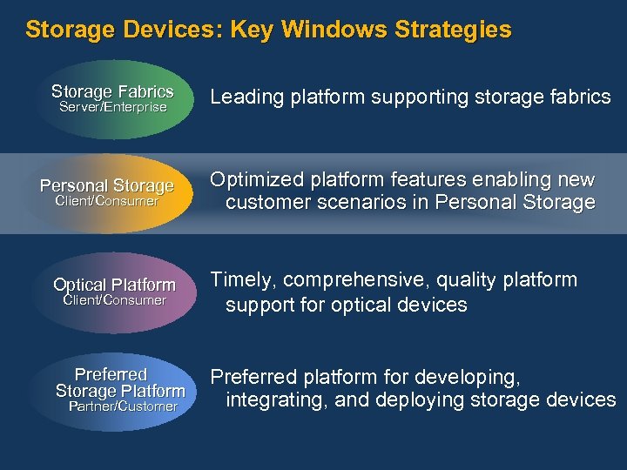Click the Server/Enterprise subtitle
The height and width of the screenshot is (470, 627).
(112, 107)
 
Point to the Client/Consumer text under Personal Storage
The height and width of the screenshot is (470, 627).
(107, 201)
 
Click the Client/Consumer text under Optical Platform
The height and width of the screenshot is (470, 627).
(115, 300)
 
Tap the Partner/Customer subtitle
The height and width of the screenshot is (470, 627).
(123, 406)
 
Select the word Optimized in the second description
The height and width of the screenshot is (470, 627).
(253, 180)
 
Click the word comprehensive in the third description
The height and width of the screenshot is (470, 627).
(354, 280)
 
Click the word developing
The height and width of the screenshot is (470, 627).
(469, 378)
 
